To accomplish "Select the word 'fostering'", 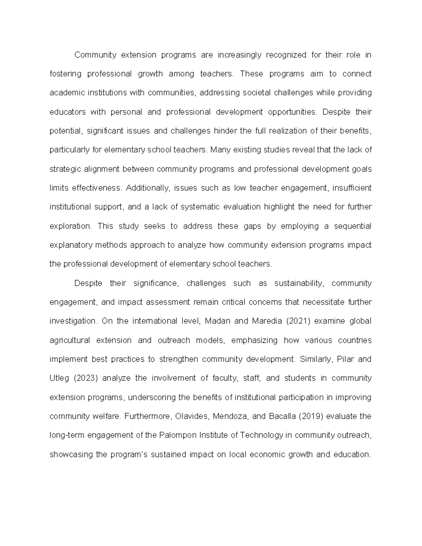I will (65, 74).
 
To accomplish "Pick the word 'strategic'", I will (65, 169).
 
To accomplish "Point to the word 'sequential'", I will (352, 226).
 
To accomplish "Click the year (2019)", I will (311, 417).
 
